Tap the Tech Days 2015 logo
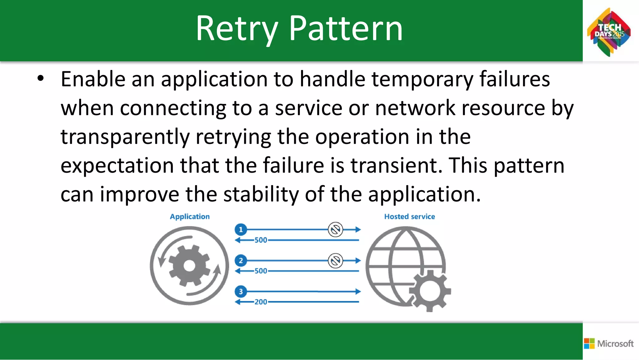609,32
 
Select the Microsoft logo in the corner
609,343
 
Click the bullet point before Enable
40,79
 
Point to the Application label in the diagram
190,216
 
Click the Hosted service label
409,216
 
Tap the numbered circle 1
241,230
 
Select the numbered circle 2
241,260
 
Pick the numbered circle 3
241,292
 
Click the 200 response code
261,302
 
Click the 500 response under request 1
261,240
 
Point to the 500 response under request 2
261,271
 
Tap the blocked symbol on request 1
335,230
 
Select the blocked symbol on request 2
335,260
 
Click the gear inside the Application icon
189,266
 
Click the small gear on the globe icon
430,291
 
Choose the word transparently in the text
125,137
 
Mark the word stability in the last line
261,194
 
